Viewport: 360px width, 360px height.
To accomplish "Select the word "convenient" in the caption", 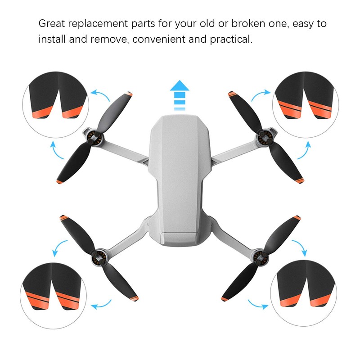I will pos(170,40).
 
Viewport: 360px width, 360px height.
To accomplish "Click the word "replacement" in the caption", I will pos(99,23).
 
